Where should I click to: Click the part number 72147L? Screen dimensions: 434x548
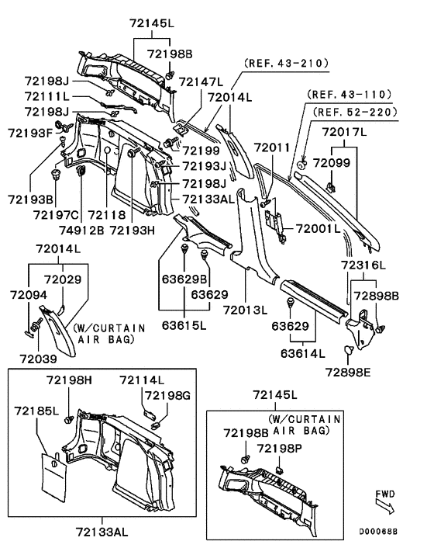[201, 82]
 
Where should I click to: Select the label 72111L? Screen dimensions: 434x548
[47, 96]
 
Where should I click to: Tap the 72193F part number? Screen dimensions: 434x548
[30, 133]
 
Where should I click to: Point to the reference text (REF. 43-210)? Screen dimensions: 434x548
[287, 63]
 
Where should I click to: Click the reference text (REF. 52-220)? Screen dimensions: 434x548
[355, 113]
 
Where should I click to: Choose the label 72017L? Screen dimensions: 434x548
[344, 132]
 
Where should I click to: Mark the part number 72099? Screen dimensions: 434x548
[332, 163]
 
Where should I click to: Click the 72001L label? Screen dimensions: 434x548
[318, 228]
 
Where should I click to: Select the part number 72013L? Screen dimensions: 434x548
[245, 310]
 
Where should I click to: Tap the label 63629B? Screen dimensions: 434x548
[184, 279]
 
